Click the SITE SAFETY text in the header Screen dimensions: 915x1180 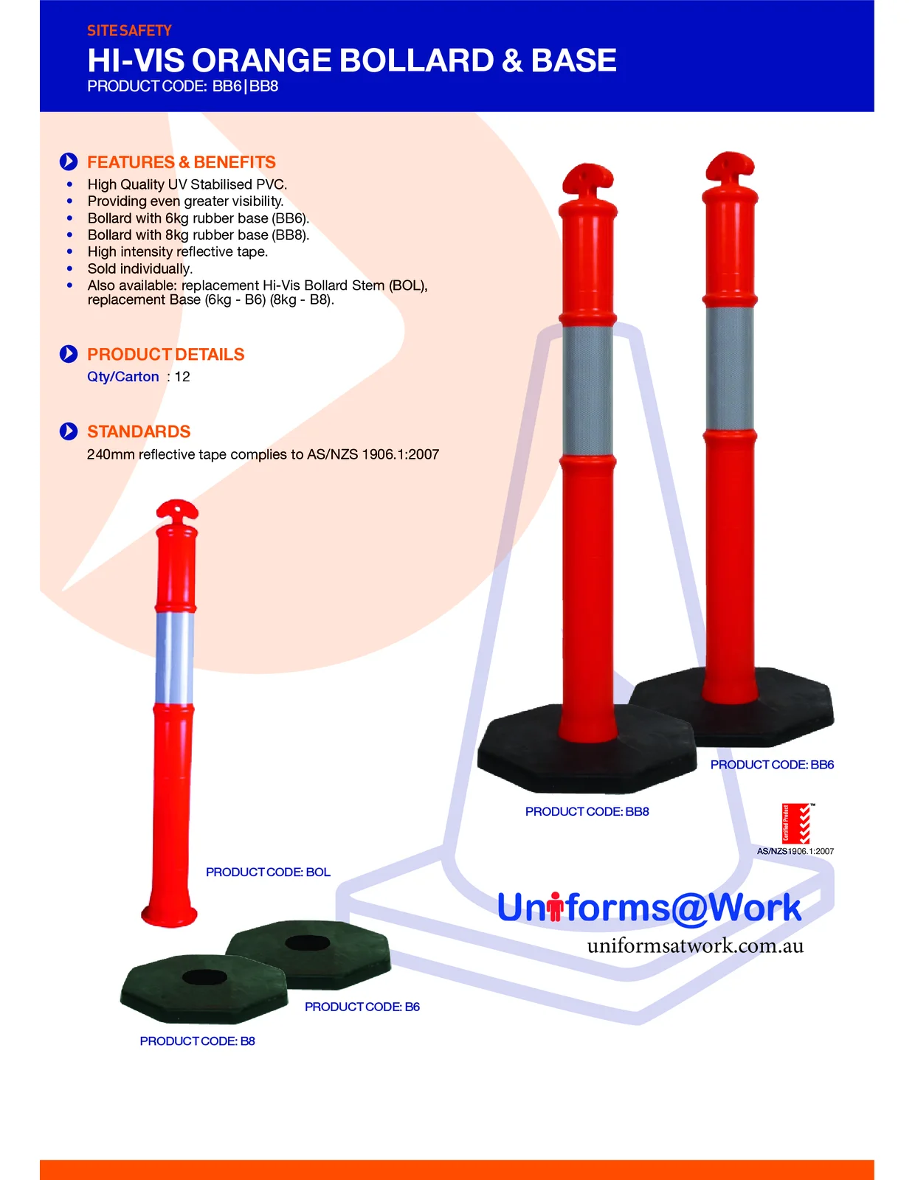(x=129, y=31)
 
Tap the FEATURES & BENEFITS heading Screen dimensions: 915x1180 (x=182, y=162)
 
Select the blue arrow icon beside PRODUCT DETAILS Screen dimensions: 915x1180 (x=69, y=354)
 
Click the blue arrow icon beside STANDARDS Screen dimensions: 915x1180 (x=69, y=431)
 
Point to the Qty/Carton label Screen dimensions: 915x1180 (x=123, y=376)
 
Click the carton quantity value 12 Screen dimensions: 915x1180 (x=182, y=376)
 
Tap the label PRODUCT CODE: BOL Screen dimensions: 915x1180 (x=268, y=872)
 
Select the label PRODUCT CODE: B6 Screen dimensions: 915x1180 (x=362, y=1006)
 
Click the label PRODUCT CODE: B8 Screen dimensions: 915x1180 (x=197, y=1041)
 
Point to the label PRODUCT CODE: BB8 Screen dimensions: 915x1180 (x=587, y=811)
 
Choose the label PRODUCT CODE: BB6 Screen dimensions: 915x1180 (x=772, y=764)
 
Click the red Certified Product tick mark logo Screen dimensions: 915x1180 (x=796, y=823)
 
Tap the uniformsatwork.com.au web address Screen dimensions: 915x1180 (x=695, y=945)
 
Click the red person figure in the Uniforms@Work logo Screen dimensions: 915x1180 (x=554, y=906)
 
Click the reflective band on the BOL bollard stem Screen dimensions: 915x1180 (x=174, y=658)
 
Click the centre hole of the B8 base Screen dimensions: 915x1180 (x=204, y=977)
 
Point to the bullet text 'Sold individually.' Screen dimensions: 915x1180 (x=140, y=268)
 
